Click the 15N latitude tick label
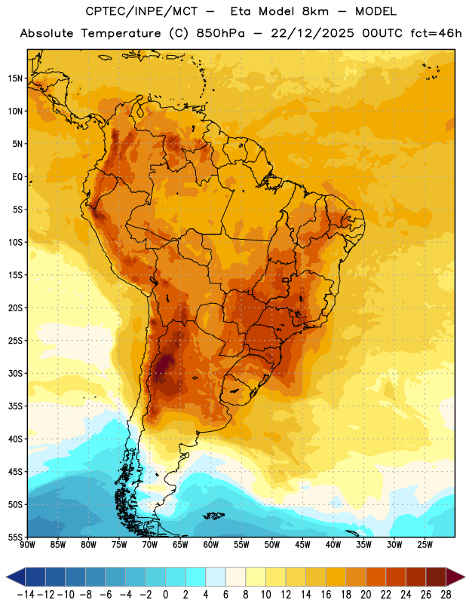(15, 78)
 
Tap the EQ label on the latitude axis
(17, 177)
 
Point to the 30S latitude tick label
(15, 373)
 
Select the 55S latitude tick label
(15, 537)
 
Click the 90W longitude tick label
(27, 545)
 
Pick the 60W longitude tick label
(211, 545)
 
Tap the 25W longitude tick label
(425, 545)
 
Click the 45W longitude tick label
(302, 545)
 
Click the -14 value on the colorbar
(26, 595)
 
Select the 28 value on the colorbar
(446, 595)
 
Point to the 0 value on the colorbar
(165, 595)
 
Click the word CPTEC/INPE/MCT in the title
(141, 11)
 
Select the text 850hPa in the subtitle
(220, 33)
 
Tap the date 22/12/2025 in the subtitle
(312, 33)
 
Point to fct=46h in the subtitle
(436, 33)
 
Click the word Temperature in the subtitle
(121, 33)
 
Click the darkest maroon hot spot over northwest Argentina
(164, 366)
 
